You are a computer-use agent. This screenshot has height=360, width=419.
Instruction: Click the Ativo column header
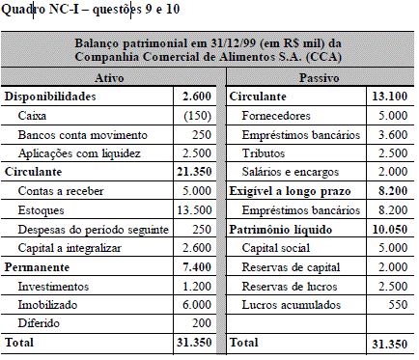(113, 77)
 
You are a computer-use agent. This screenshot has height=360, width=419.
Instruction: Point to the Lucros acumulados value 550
(397, 305)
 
